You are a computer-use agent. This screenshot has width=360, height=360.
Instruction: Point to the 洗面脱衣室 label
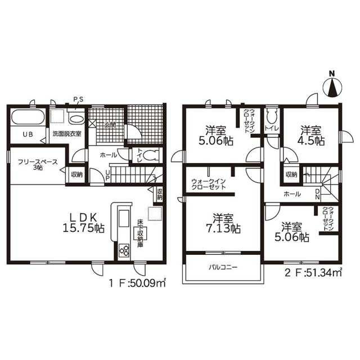tap(67, 134)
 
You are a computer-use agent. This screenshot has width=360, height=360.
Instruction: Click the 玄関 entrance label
tap(109, 125)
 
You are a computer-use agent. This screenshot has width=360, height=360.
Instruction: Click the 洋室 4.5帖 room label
tap(311, 136)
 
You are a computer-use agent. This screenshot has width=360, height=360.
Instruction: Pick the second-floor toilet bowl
tap(272, 116)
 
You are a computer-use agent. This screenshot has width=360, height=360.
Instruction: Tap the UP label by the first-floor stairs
tap(108, 175)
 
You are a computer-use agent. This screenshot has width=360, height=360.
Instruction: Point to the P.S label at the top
tap(79, 100)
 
